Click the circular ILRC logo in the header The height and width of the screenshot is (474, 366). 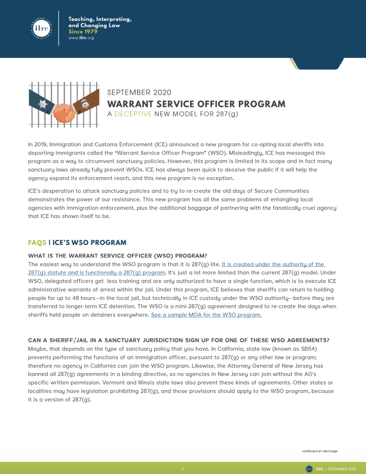click(41, 28)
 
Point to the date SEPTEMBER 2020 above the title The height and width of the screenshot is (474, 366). click(139, 93)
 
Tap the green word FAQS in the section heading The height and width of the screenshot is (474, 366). click(37, 242)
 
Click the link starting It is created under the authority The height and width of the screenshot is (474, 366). click(273, 264)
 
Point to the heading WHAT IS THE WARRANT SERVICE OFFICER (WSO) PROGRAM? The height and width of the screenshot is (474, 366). click(117, 256)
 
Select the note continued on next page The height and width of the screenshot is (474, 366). click(320, 451)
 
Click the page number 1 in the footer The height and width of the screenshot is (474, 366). click(183, 469)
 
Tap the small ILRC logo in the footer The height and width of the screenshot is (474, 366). click(309, 469)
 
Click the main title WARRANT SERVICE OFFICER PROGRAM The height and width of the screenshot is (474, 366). click(196, 104)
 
